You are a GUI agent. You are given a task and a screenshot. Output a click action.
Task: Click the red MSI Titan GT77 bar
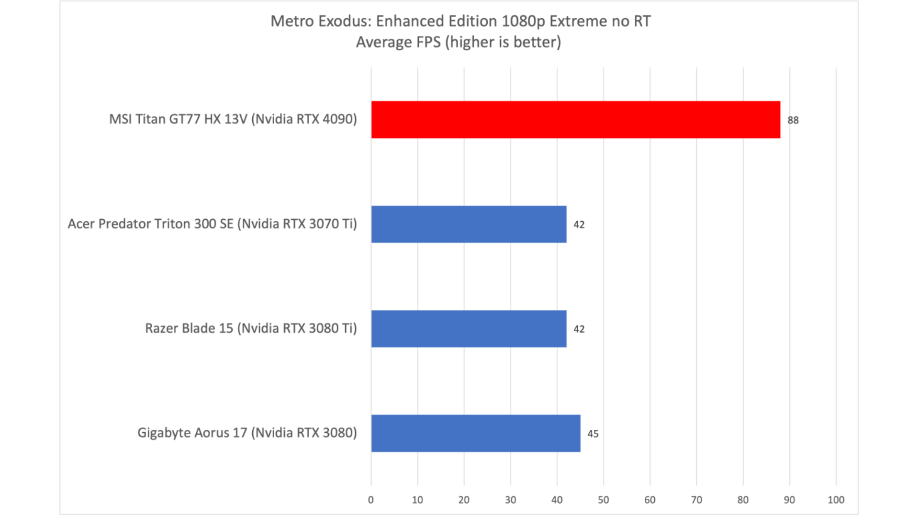click(575, 120)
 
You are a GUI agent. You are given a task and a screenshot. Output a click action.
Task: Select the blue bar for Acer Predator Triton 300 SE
click(469, 224)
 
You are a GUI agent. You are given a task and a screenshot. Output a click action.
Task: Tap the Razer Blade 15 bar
click(469, 328)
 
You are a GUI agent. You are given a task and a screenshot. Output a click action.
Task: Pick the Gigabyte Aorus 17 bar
click(476, 433)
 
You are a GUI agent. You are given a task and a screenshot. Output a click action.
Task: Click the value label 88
click(793, 120)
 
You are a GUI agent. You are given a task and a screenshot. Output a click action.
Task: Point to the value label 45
click(593, 434)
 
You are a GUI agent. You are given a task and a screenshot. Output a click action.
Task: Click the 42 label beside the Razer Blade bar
click(579, 329)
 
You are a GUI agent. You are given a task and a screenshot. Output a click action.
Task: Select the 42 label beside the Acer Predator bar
click(579, 225)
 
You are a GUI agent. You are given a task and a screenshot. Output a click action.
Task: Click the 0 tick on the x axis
click(371, 500)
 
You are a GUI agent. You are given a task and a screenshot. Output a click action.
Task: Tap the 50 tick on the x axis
click(604, 500)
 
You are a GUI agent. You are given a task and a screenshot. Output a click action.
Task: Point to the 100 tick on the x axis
click(836, 500)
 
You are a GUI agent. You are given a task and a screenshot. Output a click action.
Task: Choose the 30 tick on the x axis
click(510, 500)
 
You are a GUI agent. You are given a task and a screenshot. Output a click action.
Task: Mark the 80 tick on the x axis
click(743, 500)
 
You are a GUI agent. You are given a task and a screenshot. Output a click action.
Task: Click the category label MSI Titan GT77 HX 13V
click(233, 119)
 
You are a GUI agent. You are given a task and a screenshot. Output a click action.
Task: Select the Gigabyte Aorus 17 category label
click(247, 433)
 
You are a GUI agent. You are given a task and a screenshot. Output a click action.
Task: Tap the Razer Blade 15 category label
click(251, 328)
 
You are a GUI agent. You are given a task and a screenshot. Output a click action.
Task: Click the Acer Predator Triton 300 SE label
click(212, 224)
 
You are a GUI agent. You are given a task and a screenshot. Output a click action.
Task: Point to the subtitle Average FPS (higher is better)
click(459, 42)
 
